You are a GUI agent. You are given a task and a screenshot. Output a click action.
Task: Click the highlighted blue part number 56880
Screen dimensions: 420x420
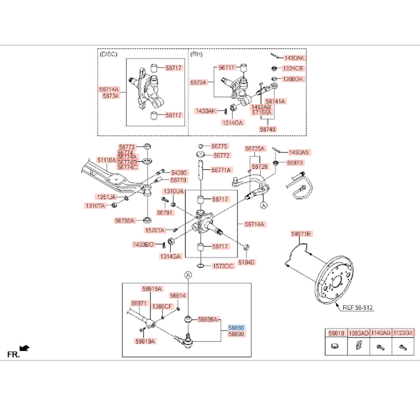pos(236,327)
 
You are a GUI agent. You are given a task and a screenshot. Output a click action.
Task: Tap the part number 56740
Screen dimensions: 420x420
pos(268,129)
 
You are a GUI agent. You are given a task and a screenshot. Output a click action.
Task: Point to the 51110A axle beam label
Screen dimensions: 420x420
pos(107,160)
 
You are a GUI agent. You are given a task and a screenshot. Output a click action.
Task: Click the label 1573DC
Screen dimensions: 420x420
pos(223,266)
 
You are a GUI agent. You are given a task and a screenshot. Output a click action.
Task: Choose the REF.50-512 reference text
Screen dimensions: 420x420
pos(357,307)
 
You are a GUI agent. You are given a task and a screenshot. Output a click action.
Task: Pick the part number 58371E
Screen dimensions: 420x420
pos(301,234)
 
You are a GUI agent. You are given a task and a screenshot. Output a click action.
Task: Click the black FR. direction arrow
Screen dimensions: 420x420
pos(26,348)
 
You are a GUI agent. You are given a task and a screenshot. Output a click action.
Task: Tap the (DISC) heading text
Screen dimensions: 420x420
pos(109,54)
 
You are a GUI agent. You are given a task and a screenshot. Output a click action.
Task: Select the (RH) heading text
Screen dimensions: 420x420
pos(197,54)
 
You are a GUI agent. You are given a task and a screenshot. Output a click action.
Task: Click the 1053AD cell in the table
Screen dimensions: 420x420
pos(359,333)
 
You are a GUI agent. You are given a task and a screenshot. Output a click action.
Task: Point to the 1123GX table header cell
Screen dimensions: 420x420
pos(403,333)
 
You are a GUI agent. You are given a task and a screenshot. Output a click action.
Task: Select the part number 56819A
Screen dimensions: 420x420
pos(146,341)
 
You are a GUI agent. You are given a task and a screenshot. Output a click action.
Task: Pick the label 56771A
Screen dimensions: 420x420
pos(221,170)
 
